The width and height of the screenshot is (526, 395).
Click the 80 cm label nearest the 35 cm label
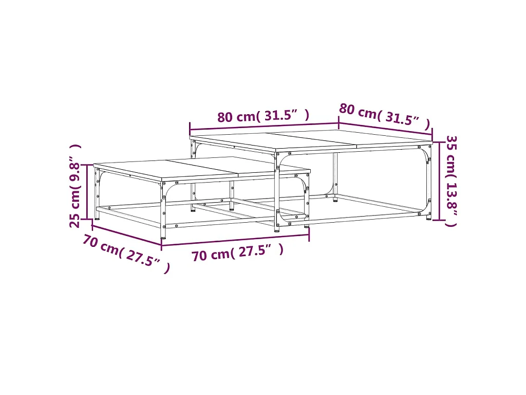point(358,111)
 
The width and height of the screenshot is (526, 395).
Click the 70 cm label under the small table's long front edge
point(211,255)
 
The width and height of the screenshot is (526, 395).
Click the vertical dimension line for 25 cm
point(87,192)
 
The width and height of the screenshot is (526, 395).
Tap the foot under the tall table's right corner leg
point(429,218)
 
